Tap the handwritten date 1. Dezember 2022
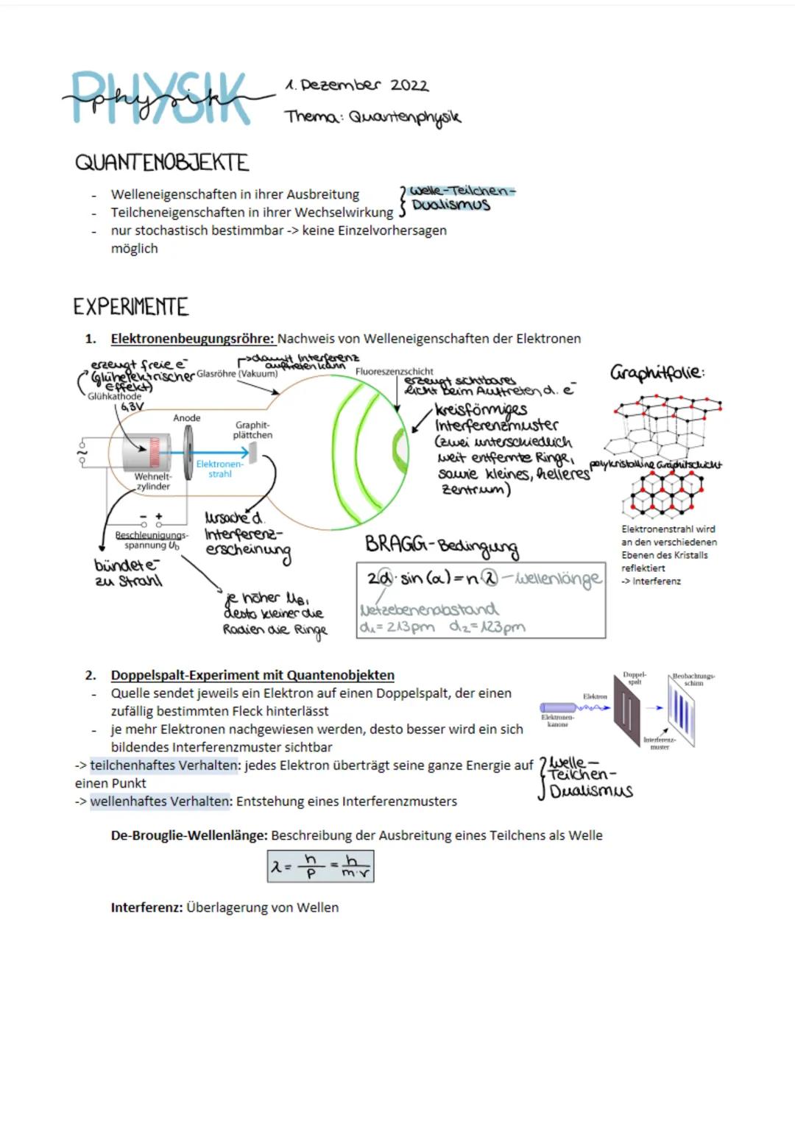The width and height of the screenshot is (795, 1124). point(357,85)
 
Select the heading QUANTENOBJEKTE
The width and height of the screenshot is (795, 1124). point(162,162)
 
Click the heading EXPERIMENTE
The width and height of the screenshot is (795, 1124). point(131,306)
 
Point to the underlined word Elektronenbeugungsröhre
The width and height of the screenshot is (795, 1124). point(192,339)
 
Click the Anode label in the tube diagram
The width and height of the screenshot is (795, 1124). point(187,418)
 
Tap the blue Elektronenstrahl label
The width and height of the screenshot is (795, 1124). point(219,469)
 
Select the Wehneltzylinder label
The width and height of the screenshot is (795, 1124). point(153,481)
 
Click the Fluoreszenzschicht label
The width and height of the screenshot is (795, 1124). point(395,372)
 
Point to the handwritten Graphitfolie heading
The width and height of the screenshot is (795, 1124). point(657,372)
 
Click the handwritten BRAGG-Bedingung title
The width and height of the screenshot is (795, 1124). point(442,545)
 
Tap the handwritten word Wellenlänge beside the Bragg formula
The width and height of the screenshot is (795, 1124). point(559,579)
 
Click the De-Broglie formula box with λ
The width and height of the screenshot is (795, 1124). point(320,866)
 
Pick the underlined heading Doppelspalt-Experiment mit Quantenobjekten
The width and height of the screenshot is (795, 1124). point(252,675)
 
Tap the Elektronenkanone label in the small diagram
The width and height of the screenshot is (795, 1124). point(557,721)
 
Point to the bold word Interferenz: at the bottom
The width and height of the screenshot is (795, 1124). point(146,908)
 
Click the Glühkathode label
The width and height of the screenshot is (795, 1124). point(114,396)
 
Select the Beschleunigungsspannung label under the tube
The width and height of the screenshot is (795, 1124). point(151,540)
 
